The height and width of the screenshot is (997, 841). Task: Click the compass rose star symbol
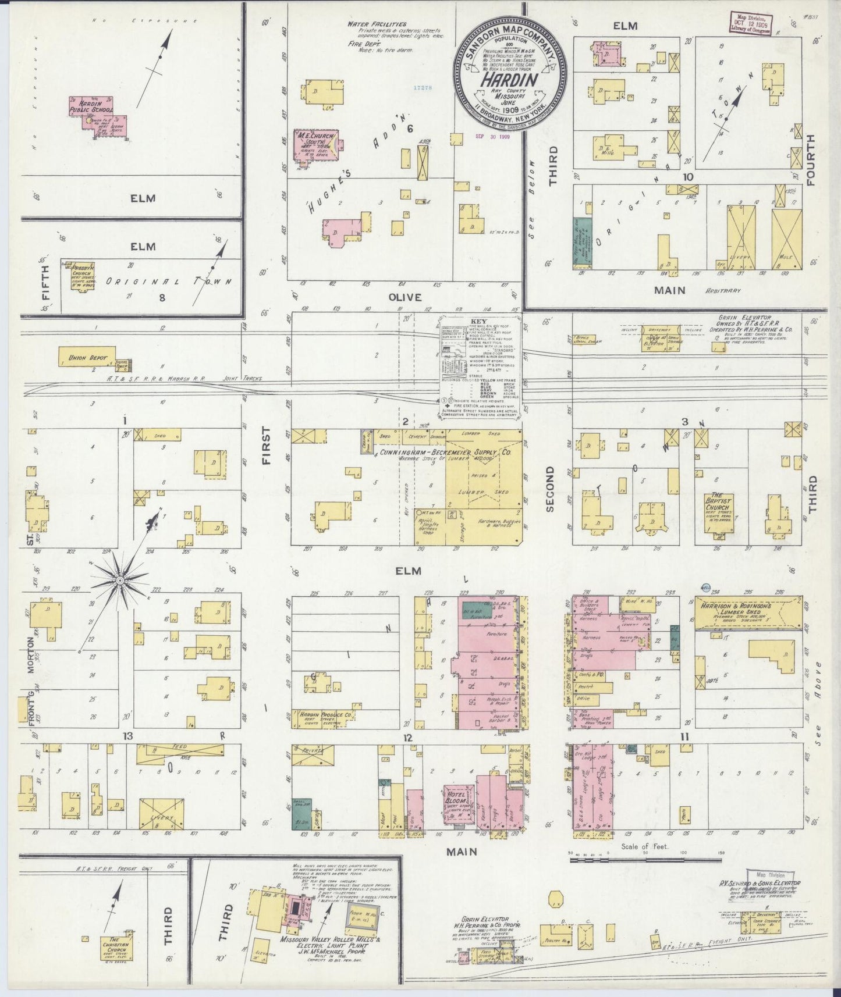pyautogui.click(x=119, y=580)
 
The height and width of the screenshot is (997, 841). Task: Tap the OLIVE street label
pyautogui.click(x=404, y=297)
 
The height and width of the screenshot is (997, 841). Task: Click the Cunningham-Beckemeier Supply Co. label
pyautogui.click(x=445, y=452)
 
